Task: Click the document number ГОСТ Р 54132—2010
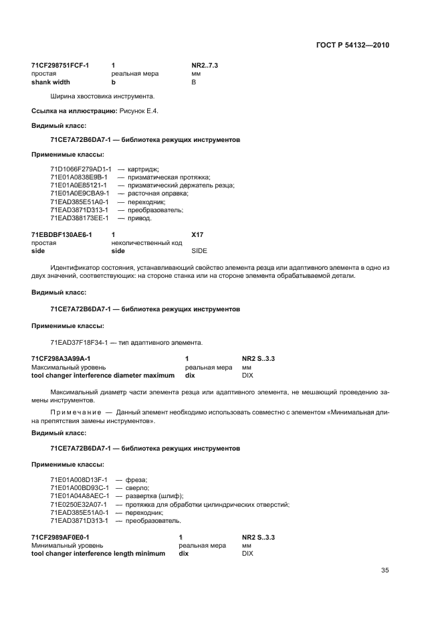pyautogui.click(x=352, y=45)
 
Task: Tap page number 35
pyautogui.click(x=384, y=570)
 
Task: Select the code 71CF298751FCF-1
pyautogui.click(x=60, y=66)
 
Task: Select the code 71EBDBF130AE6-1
pyautogui.click(x=62, y=235)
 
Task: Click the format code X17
pyautogui.click(x=197, y=235)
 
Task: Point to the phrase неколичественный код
pyautogui.click(x=146, y=243)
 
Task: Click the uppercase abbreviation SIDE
pyautogui.click(x=199, y=251)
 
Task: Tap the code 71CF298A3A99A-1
pyautogui.click(x=61, y=359)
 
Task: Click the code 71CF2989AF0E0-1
pyautogui.click(x=60, y=538)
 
